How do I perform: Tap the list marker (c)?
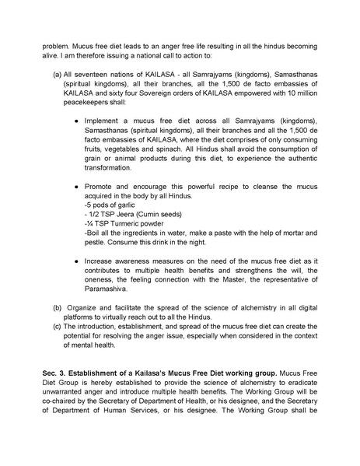click(x=57, y=325)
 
